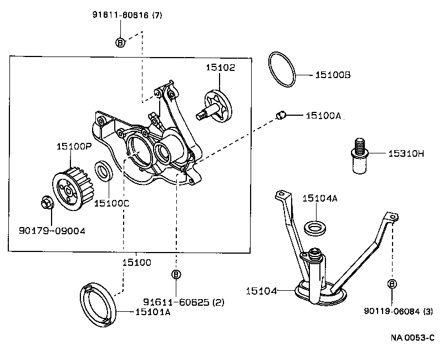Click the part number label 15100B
tap(333, 74)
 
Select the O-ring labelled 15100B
tap(282, 70)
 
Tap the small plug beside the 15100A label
tap(281, 115)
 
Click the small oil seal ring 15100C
tap(104, 171)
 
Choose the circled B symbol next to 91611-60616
tap(120, 42)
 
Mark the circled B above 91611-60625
tap(176, 275)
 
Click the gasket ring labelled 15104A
tap(315, 227)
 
